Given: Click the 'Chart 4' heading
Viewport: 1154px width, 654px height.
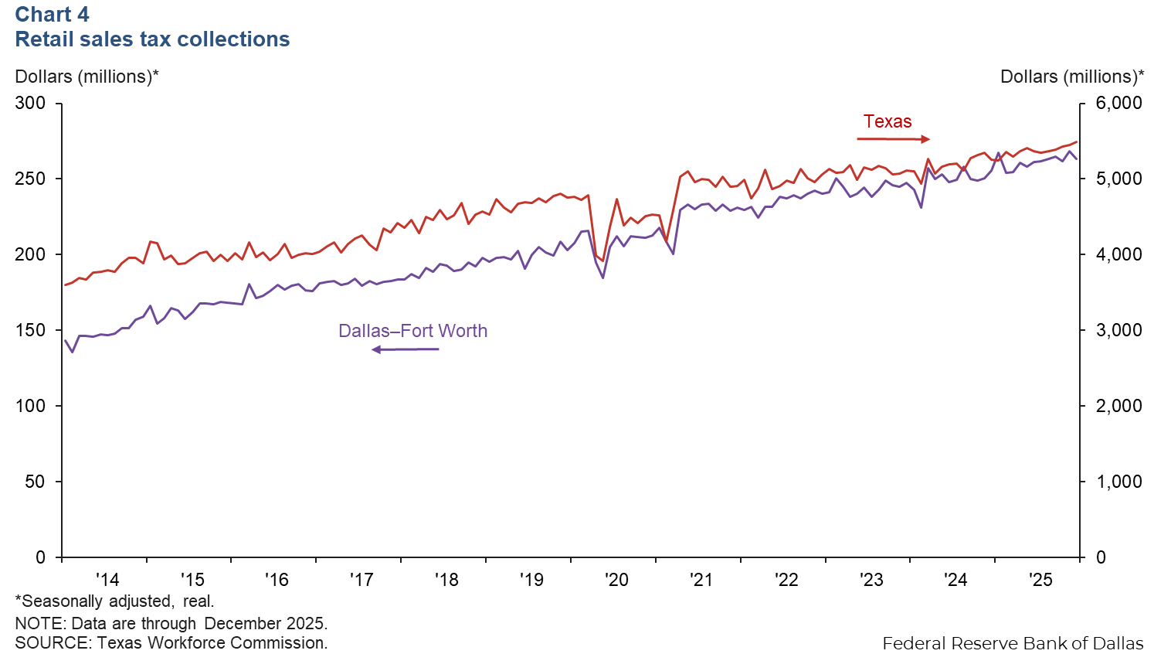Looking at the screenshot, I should tap(52, 15).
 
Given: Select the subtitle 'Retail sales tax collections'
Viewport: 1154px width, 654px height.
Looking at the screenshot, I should tap(152, 39).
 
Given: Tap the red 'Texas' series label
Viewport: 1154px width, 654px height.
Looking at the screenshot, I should tap(888, 121).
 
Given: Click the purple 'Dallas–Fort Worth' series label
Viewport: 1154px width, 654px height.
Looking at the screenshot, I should tap(412, 331).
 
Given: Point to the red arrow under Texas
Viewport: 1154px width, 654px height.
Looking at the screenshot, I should tap(893, 139).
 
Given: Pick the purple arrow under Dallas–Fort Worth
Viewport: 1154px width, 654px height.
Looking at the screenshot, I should tap(406, 349).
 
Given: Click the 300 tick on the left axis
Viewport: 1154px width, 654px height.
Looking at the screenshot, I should tap(30, 103).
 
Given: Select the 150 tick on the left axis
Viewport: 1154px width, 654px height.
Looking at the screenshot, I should tap(30, 330).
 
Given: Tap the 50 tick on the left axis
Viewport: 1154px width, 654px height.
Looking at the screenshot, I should tap(35, 482).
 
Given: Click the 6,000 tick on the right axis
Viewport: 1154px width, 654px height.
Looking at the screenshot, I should tap(1118, 103).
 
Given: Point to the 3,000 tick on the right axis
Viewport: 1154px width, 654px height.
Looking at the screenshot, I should tap(1118, 330).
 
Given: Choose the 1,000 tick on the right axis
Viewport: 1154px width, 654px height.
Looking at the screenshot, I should tap(1118, 482).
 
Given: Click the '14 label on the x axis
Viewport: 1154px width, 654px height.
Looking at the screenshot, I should tap(107, 580).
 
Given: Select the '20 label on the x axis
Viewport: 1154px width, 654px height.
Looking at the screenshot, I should tap(616, 580).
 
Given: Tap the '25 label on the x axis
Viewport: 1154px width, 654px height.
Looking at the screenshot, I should tap(1040, 580).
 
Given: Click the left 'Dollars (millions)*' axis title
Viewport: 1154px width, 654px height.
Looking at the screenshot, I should tap(87, 77).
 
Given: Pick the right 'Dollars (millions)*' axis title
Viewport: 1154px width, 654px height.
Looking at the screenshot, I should tap(1072, 77).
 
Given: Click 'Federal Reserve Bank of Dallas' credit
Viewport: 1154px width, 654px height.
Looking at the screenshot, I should tap(1013, 643).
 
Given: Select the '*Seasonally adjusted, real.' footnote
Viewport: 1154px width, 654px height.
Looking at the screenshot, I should tap(114, 601).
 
